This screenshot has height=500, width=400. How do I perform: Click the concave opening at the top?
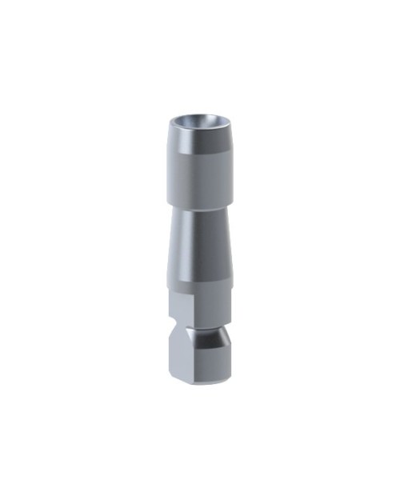[200, 121]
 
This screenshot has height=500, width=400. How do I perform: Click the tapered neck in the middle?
[202, 244]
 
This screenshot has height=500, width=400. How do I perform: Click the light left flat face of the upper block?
[177, 308]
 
